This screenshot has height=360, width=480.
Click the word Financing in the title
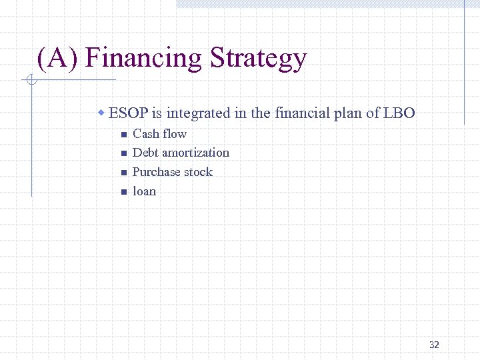click(144, 59)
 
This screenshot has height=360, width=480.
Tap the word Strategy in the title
click(258, 59)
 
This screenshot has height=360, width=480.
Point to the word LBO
click(399, 113)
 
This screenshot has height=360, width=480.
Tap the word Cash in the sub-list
click(146, 133)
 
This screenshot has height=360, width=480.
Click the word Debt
click(145, 153)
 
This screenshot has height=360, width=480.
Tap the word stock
click(198, 172)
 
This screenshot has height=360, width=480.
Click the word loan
click(144, 191)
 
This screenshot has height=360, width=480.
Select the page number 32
click(434, 345)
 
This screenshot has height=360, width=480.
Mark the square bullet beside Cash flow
click(123, 134)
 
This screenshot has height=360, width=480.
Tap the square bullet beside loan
click(123, 192)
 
